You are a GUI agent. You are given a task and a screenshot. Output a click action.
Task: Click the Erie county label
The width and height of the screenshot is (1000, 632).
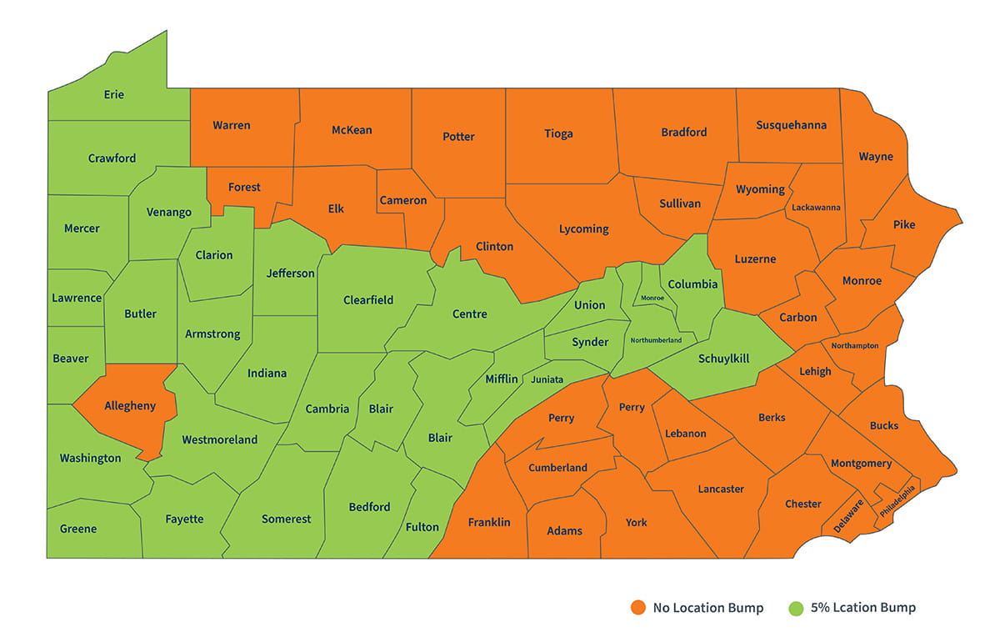point(114,94)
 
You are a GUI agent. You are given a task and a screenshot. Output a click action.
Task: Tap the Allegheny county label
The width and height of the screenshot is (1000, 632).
point(130,406)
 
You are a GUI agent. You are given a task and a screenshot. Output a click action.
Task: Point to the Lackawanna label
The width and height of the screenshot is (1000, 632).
point(816,207)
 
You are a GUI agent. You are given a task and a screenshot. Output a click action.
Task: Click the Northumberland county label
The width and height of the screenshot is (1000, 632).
point(656,340)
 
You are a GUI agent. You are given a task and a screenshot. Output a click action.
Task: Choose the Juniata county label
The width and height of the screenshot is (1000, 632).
point(547,379)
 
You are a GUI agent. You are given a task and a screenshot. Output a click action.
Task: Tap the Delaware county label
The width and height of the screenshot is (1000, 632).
point(848,517)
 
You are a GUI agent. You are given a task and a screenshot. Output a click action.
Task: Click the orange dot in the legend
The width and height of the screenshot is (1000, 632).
point(638,608)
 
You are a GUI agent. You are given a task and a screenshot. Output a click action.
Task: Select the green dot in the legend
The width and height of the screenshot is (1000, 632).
point(797,608)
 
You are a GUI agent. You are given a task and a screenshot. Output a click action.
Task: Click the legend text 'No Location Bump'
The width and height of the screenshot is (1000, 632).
point(707,608)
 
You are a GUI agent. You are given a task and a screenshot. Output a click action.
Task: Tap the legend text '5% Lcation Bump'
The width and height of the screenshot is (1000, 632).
point(863,608)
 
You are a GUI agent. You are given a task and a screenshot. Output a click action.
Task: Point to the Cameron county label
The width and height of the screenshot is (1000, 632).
point(403,200)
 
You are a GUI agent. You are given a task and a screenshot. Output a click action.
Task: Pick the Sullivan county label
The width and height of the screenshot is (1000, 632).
point(680,203)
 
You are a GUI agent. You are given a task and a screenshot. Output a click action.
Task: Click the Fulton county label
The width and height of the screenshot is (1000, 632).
point(422,527)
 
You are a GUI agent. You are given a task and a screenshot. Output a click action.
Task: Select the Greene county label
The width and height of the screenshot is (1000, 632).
point(78,529)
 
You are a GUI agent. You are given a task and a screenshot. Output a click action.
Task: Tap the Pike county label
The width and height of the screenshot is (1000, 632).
point(903,224)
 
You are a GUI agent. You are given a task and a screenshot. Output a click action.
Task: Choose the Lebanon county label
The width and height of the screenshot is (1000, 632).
point(686,434)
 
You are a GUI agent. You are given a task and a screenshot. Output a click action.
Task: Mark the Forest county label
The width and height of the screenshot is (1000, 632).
point(244,188)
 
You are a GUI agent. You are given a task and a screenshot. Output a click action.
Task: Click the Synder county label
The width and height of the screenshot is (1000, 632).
point(590,343)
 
